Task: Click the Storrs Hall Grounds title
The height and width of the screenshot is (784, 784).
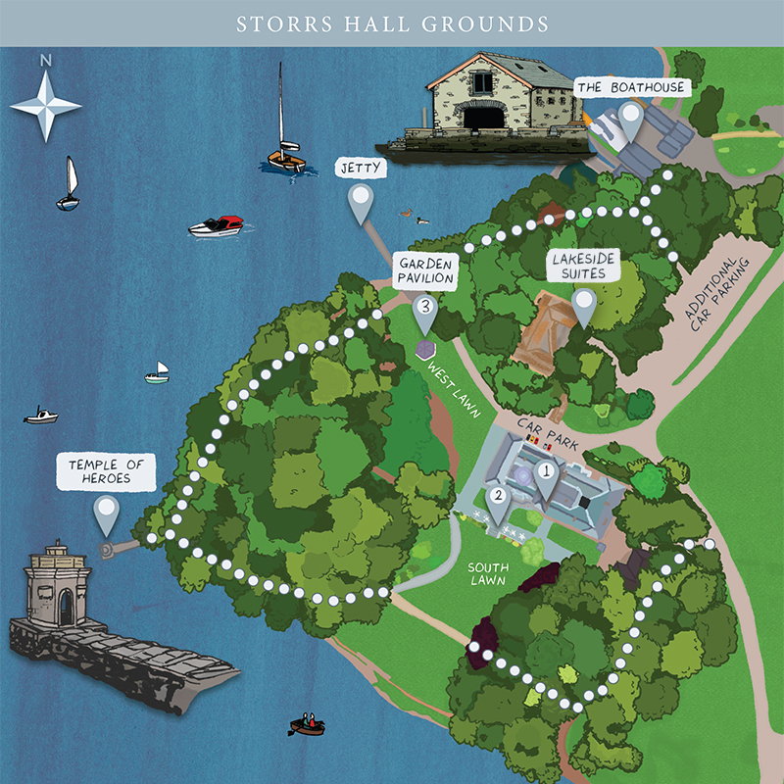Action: (x=392, y=23)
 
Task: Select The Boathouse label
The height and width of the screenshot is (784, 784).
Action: (x=631, y=88)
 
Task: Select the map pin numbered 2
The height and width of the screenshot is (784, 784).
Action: (x=498, y=501)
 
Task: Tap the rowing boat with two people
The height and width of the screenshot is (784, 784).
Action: (x=308, y=725)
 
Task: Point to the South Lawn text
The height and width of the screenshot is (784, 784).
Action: (x=487, y=574)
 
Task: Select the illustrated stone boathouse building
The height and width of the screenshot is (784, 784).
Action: (x=479, y=105)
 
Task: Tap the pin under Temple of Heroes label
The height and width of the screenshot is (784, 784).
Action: (x=106, y=514)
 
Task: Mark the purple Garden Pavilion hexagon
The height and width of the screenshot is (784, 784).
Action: (x=425, y=350)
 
